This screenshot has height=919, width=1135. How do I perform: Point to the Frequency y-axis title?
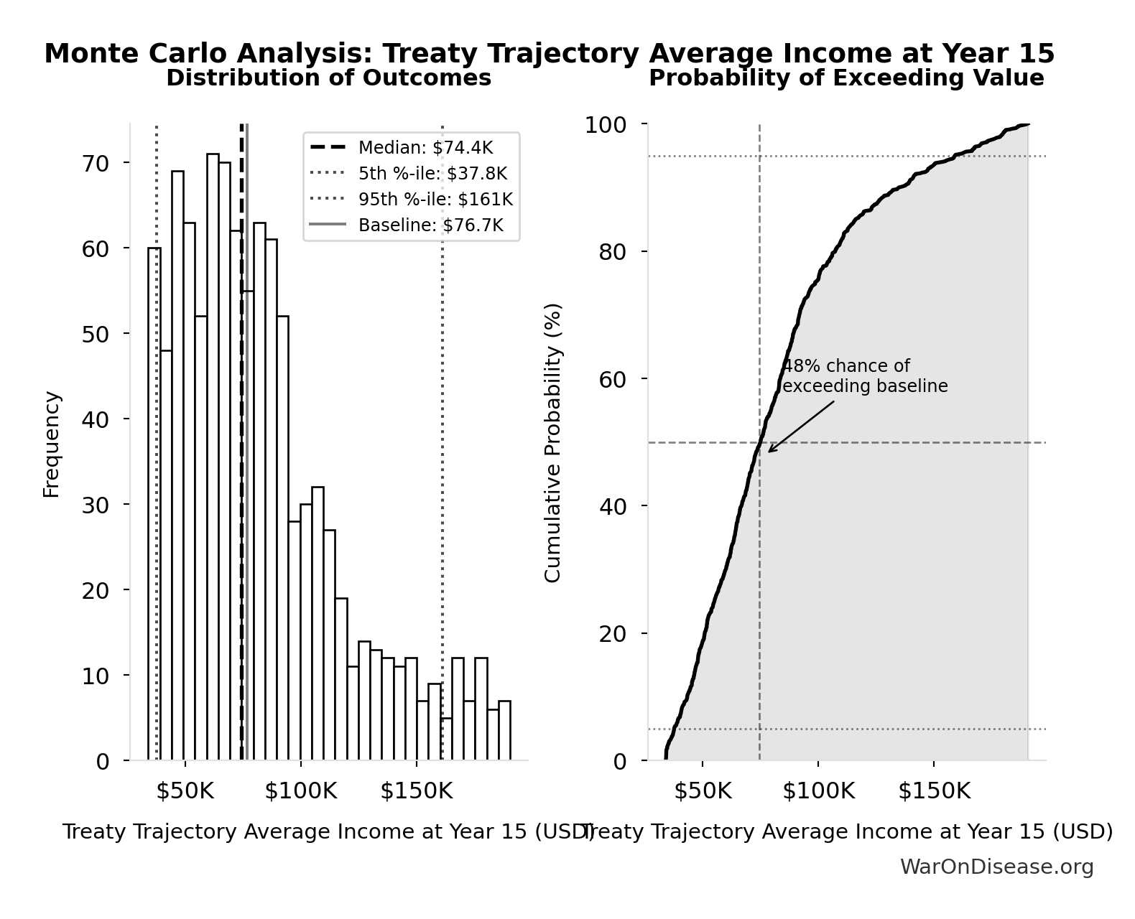coord(52,444)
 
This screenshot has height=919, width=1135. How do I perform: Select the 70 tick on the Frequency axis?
coord(96,163)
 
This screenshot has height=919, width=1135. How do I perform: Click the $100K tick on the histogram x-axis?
coord(300,791)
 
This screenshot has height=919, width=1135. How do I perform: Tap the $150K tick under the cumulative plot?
coord(934,791)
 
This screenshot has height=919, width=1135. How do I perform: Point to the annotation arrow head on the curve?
coord(769,452)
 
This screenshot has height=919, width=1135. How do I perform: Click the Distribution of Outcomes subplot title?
coord(329,78)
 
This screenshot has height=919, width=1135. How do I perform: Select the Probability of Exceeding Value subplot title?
coord(846,78)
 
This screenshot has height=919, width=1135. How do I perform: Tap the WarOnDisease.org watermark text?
coord(996,867)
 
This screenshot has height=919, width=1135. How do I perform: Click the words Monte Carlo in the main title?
coord(136,54)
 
